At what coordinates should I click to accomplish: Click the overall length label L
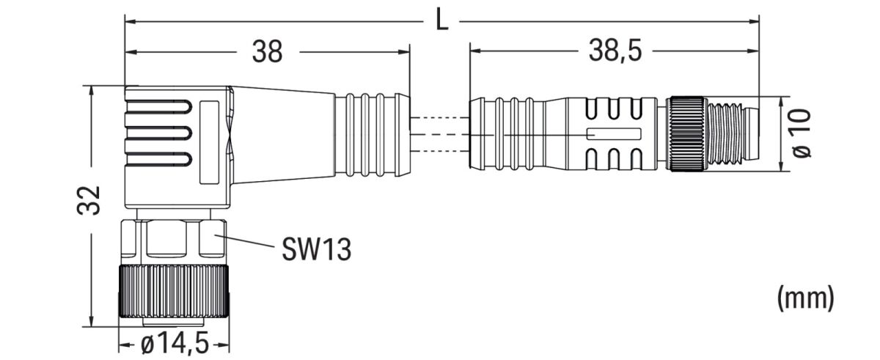click(x=441, y=20)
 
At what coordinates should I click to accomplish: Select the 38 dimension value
click(x=267, y=52)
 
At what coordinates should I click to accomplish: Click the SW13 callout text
click(x=316, y=250)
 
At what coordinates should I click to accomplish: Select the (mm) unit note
click(x=805, y=297)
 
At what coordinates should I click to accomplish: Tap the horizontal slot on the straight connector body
click(x=615, y=134)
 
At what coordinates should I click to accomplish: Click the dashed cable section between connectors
click(x=439, y=134)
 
